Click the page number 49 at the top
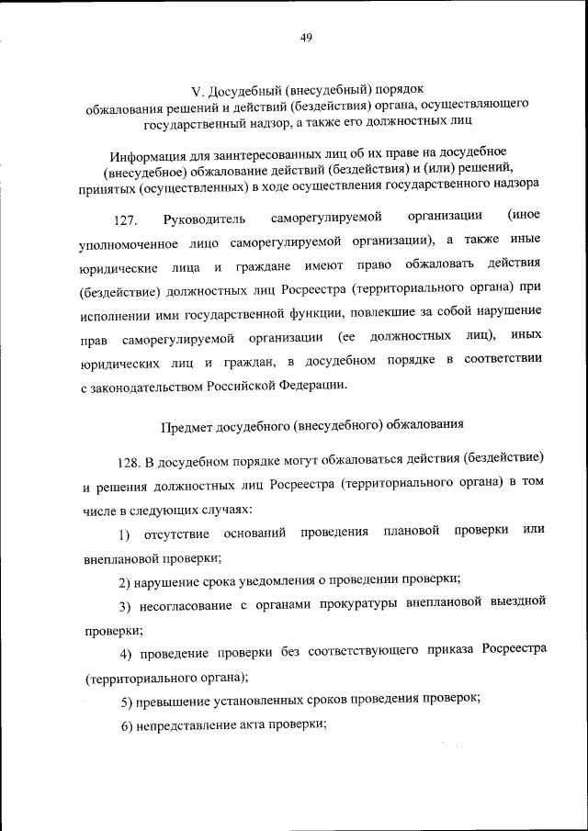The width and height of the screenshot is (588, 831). pos(306,37)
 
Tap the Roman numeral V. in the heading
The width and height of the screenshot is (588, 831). pos(196,90)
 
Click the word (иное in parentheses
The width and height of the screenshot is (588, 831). pos(524,217)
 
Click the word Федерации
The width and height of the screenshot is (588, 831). pos(316,385)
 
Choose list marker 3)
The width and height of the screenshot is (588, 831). pos(127,606)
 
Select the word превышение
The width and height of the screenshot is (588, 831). pos(171,702)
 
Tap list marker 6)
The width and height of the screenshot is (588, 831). pos(127,725)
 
